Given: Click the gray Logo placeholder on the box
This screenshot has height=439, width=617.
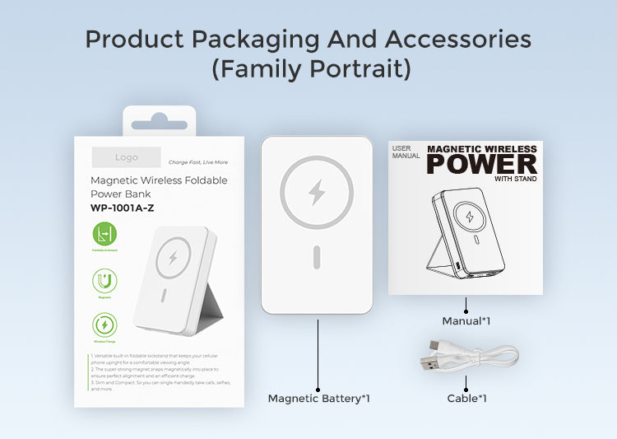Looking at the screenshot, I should [126, 157].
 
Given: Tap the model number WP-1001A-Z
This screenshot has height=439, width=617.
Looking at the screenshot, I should [122, 208].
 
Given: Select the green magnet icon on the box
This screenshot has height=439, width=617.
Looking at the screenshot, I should [104, 282].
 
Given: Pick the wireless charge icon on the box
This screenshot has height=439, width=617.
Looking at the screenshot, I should [104, 325].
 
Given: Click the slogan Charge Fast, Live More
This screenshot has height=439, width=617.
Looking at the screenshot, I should [198, 162].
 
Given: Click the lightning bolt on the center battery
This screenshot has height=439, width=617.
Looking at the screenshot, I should [317, 192].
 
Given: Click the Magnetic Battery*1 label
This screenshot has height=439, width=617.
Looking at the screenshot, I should [318, 399].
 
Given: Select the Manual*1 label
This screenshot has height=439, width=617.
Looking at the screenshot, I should [466, 320].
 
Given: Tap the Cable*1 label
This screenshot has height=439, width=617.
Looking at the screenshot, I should [466, 399].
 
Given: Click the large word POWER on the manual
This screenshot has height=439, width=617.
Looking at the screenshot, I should [481, 164].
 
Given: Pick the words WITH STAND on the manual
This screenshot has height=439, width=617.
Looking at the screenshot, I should [516, 179].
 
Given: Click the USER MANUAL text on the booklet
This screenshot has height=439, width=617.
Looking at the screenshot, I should [406, 152].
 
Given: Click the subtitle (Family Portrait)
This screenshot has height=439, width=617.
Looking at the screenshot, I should [311, 69].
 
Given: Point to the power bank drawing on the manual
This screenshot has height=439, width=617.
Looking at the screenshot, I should [465, 231].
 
